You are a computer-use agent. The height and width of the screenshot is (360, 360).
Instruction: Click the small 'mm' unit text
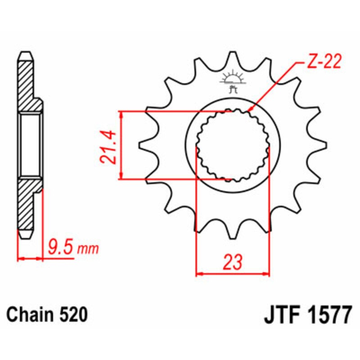tap(88, 248)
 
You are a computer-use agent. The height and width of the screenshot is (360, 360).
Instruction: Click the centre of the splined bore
tap(233, 145)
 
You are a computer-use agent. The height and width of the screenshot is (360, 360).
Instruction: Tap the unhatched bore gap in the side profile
tap(30, 145)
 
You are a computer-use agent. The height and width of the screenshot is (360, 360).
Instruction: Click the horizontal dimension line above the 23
tap(233, 273)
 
